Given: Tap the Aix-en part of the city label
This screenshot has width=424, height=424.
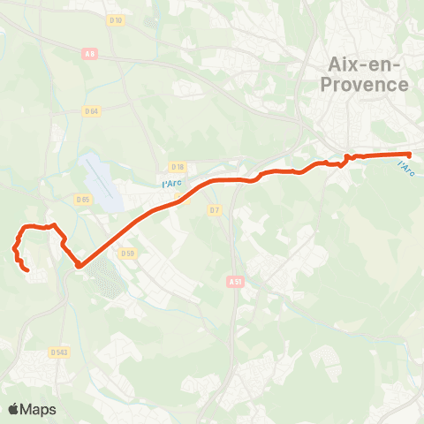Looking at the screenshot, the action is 363,64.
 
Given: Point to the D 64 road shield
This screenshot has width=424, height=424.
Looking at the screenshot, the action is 91,110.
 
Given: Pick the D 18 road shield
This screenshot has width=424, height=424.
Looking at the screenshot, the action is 178,166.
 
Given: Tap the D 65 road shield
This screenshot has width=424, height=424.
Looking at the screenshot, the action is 83,200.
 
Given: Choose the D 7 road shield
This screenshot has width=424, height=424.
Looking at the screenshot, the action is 214,209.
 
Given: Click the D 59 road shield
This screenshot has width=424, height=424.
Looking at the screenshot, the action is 127,254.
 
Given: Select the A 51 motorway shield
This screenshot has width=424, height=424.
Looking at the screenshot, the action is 233,282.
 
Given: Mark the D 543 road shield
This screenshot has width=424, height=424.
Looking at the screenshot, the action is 59,352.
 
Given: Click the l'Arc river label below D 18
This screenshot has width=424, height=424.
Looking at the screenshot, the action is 171,183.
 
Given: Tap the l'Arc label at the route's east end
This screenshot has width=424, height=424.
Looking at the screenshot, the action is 405,166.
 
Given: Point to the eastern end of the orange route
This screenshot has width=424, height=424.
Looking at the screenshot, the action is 409,155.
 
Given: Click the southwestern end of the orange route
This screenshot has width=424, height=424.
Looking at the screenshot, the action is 27,269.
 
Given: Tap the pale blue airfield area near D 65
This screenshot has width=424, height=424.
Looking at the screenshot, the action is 102,181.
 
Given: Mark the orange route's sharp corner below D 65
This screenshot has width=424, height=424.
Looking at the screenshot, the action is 79,264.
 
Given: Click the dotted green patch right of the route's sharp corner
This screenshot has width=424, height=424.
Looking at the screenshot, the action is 108,277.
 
